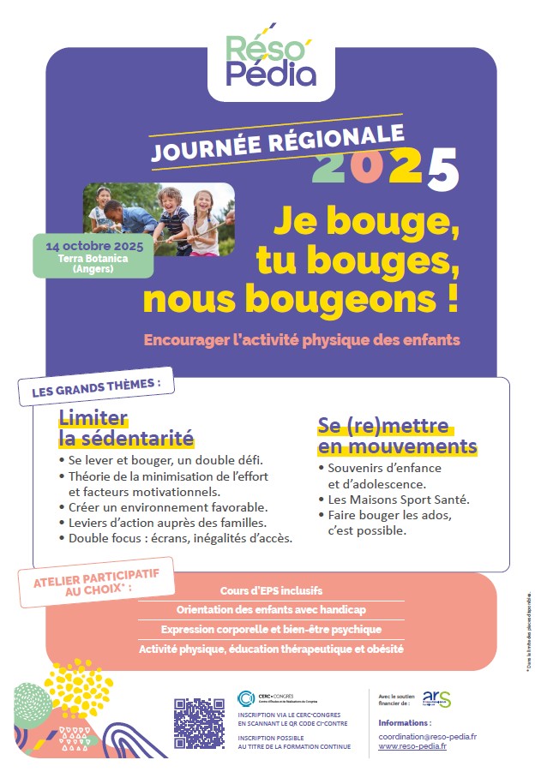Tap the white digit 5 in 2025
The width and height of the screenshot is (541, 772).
click(439, 168)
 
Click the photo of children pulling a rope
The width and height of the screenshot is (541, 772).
click(159, 220)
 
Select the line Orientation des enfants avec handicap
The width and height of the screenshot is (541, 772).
click(270, 611)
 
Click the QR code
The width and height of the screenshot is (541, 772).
click(199, 723)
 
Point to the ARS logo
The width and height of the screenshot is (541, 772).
click(436, 698)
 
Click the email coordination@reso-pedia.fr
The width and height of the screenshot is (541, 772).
click(427, 736)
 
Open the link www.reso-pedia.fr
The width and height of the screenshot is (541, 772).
click(412, 746)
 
